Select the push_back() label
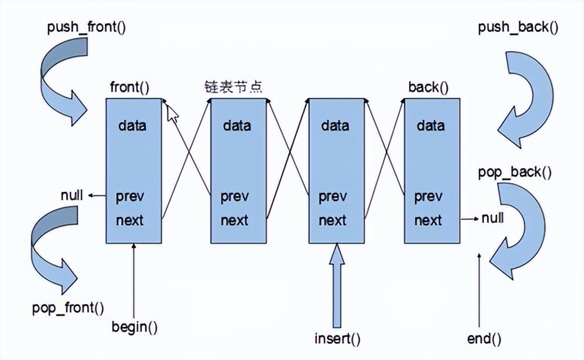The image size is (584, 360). [x=518, y=27]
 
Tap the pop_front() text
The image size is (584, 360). [x=68, y=308]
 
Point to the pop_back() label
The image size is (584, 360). [x=514, y=172]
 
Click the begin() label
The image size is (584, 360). [x=134, y=326]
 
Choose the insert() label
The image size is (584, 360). [x=337, y=339]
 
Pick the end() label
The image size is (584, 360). [x=484, y=339]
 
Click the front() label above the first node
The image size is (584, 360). [x=130, y=87]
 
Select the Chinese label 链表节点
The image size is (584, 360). [x=233, y=87]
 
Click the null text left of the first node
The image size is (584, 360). [x=72, y=195]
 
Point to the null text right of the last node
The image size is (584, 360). [x=492, y=218]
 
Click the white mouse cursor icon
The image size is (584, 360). [x=173, y=113]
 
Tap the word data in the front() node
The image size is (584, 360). [x=132, y=125]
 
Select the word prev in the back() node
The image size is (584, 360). [x=428, y=197]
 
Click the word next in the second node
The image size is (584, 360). [x=234, y=220]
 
